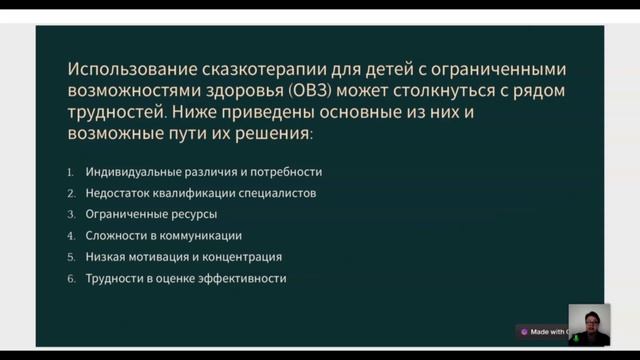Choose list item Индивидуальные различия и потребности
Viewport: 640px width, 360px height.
204,172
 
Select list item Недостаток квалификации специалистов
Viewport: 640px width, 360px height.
201,193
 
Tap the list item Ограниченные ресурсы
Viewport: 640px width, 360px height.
151,214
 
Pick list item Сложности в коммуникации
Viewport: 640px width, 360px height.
164,236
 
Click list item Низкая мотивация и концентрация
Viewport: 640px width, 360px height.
184,257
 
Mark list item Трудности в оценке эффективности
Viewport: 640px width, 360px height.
186,278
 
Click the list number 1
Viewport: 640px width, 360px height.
71,172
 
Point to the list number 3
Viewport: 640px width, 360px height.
71,214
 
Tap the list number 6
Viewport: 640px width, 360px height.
71,278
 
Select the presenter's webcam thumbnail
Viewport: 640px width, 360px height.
589,325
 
